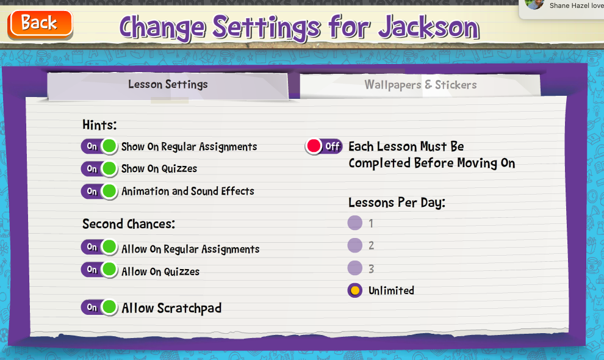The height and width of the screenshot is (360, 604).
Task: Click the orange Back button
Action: pyautogui.click(x=40, y=24)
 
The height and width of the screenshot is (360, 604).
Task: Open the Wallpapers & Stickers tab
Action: pyautogui.click(x=420, y=85)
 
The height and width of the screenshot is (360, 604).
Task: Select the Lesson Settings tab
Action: pyautogui.click(x=168, y=84)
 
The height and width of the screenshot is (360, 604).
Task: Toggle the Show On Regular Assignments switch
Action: pyautogui.click(x=99, y=146)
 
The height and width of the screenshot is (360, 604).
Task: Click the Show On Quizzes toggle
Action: pyautogui.click(x=99, y=168)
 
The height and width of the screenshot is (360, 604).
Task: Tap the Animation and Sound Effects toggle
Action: pyautogui.click(x=99, y=191)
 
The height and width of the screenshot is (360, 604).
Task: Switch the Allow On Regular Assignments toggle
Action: pyautogui.click(x=99, y=247)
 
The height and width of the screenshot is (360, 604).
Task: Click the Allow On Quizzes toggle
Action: pyautogui.click(x=99, y=270)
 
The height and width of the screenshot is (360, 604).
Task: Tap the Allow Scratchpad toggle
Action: pyautogui.click(x=99, y=307)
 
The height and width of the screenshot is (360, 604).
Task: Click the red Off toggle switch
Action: pyautogui.click(x=323, y=146)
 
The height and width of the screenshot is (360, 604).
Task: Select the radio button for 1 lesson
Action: pyautogui.click(x=354, y=223)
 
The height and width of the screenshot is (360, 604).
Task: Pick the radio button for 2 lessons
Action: pyautogui.click(x=354, y=245)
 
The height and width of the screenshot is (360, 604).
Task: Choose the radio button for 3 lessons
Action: pyautogui.click(x=354, y=268)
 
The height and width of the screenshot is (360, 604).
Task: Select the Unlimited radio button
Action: pyautogui.click(x=354, y=290)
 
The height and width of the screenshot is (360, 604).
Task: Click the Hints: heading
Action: pyautogui.click(x=99, y=125)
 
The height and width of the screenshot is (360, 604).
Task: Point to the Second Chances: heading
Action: pyautogui.click(x=129, y=224)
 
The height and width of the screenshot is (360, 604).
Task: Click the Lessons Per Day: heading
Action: pyautogui.click(x=397, y=203)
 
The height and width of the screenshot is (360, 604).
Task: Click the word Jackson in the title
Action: pyautogui.click(x=429, y=27)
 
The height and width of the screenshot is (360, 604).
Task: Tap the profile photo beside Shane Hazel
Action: pyautogui.click(x=534, y=4)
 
